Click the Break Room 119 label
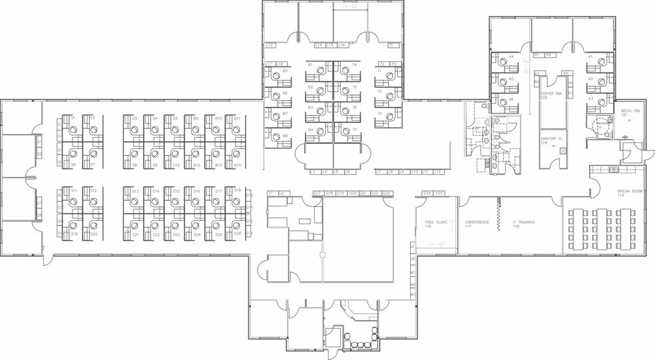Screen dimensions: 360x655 point(629,193)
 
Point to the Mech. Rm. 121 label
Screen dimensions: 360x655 point(630,113)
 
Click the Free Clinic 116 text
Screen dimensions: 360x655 point(435,224)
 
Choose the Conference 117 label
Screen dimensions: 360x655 point(477,224)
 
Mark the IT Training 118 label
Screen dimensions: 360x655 point(524,224)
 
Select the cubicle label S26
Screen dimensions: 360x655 point(238,234)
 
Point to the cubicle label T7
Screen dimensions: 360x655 point(355,130)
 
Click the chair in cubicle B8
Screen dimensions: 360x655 point(275,137)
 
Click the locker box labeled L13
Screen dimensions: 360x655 point(270,45)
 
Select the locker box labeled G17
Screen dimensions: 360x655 point(318,193)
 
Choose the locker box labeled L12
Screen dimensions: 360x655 point(437,172)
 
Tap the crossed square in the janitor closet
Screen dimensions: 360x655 point(563,151)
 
